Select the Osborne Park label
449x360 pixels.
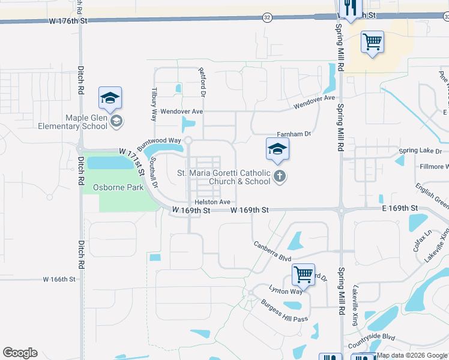(x=118, y=187)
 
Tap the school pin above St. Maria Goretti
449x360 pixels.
(x=277, y=149)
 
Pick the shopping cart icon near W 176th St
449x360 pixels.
(x=372, y=42)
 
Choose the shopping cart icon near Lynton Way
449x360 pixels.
(x=303, y=274)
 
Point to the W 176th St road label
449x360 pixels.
(x=68, y=21)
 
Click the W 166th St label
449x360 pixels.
(x=59, y=280)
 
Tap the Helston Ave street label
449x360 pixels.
(x=212, y=202)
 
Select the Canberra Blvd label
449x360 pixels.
(x=272, y=250)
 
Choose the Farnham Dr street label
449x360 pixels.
(x=294, y=134)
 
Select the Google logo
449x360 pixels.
(x=20, y=352)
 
